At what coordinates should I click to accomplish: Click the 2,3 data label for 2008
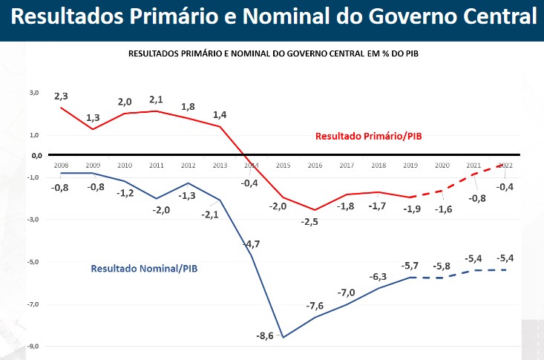pyautogui.click(x=61, y=96)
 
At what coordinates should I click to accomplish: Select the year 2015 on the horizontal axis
pyautogui.click(x=283, y=165)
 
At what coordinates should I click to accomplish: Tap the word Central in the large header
pyautogui.click(x=488, y=19)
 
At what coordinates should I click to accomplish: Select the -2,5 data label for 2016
pyautogui.click(x=309, y=222)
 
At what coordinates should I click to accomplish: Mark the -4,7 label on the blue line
pyautogui.click(x=252, y=243)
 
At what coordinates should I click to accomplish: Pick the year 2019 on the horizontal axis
pyautogui.click(x=410, y=165)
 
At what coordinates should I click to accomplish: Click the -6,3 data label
pyautogui.click(x=378, y=277)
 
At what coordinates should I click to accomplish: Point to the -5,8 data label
pyautogui.click(x=442, y=266)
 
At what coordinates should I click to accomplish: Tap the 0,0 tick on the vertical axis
pyautogui.click(x=35, y=156)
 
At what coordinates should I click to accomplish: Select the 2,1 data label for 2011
pyautogui.click(x=156, y=99)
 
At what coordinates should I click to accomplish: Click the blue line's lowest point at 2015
pyautogui.click(x=283, y=337)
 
